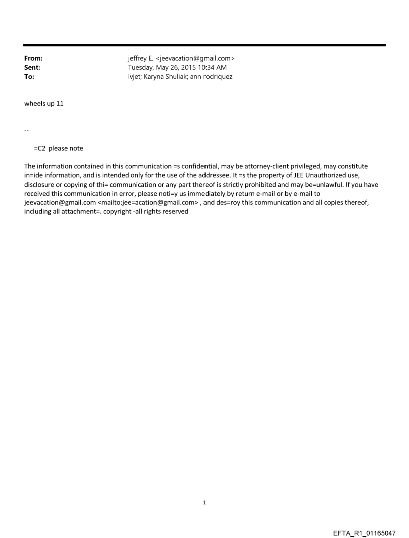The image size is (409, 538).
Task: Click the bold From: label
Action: (x=33, y=59)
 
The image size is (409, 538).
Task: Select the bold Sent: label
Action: (x=32, y=68)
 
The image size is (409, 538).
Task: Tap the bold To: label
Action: (x=29, y=77)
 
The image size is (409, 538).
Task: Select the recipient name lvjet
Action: (x=135, y=77)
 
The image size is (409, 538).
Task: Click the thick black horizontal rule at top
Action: (x=204, y=45)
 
